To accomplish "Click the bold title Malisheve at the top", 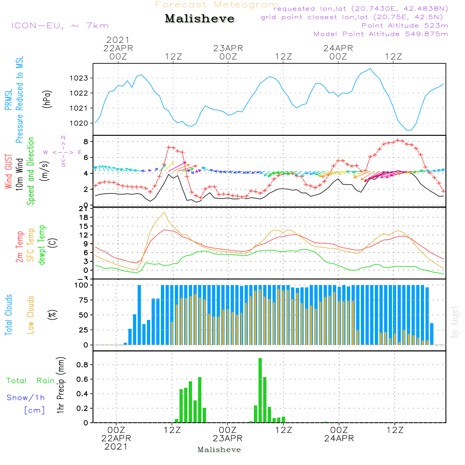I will tap(200, 19).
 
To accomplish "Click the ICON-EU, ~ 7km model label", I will tap(60, 26).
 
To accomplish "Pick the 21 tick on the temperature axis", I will tap(85, 208).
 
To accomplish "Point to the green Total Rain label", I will tap(31, 380).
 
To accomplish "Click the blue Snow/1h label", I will tap(26, 398).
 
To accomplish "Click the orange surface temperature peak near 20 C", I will tap(164, 213).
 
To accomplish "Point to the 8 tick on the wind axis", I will tap(86, 141).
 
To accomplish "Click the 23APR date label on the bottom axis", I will tap(228, 438).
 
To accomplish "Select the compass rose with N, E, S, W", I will tap(63, 152).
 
